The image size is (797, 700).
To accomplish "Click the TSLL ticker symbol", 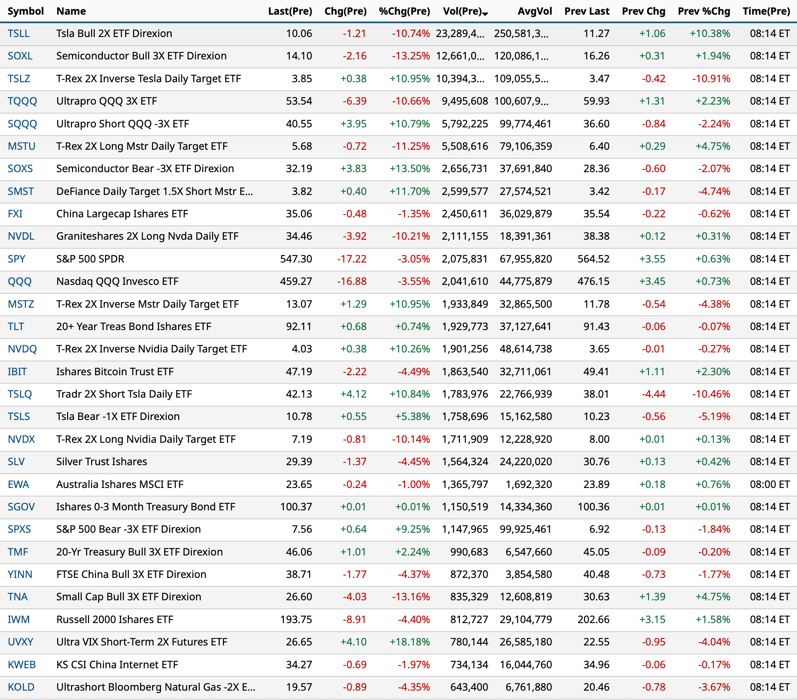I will [19, 33].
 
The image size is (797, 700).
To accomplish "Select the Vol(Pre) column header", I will [462, 11].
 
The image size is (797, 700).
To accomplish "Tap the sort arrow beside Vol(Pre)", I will [485, 13].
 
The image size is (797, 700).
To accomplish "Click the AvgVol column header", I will [534, 11].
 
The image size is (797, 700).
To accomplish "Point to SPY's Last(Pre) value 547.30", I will [296, 259].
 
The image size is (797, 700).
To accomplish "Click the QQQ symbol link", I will [20, 281].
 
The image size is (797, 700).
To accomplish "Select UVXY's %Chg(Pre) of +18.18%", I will [409, 642].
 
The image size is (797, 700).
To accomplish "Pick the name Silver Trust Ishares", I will [102, 462].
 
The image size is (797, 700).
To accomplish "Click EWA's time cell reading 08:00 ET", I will [769, 484].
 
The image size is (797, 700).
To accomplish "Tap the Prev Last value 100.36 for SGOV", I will [593, 507].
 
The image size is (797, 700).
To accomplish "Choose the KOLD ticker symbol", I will [21, 687].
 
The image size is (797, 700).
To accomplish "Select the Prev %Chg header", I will [703, 11].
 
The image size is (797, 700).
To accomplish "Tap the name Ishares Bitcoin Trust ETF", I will [115, 372].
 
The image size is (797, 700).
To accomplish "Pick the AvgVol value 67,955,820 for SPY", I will [525, 259].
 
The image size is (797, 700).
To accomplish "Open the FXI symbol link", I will [15, 214].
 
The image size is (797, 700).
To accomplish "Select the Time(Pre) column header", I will [766, 11].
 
